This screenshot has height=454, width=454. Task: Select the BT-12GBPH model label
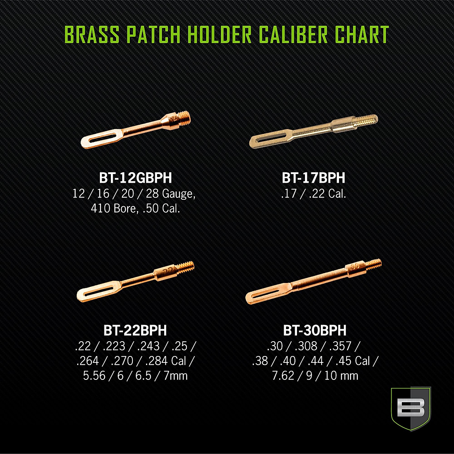[135, 178]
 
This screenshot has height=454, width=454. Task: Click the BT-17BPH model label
[314, 178]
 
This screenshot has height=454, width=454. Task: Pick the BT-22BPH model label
[135, 330]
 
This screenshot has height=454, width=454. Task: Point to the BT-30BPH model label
[315, 330]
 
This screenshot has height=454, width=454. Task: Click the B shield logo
[410, 408]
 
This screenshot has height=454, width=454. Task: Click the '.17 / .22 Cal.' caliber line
[314, 194]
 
